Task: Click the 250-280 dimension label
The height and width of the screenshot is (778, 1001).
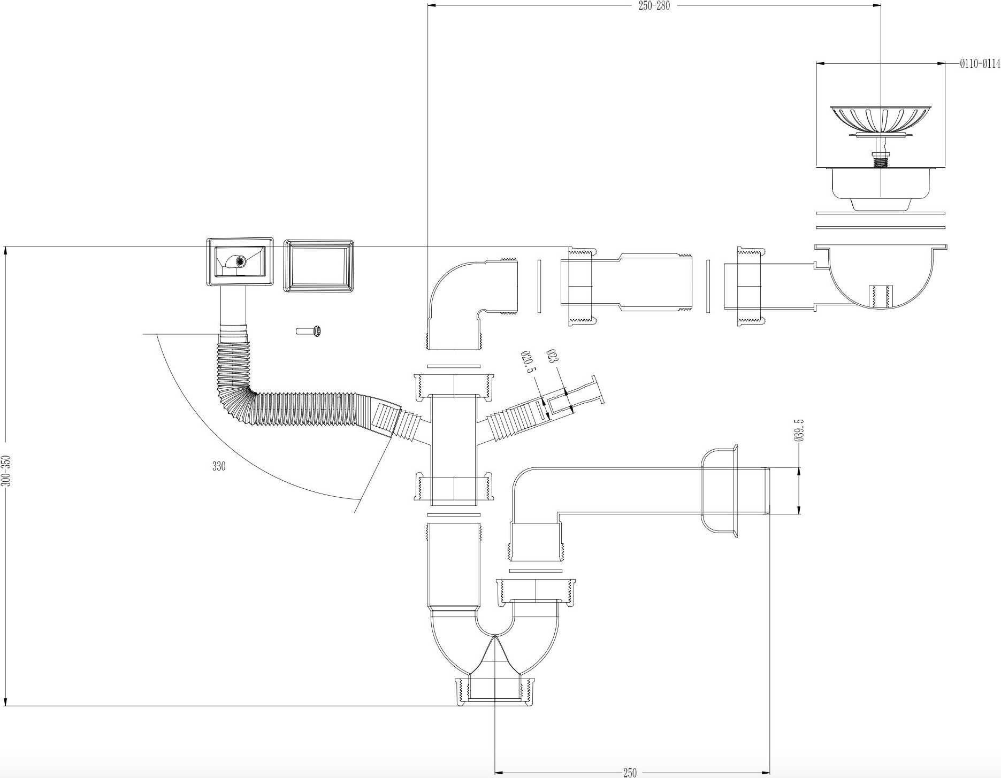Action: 654,6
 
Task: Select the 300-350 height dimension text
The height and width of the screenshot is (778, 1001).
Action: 6,471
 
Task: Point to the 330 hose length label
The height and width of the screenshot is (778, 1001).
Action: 219,466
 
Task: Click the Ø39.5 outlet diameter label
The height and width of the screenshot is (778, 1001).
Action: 800,430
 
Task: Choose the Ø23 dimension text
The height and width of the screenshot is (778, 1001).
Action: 553,357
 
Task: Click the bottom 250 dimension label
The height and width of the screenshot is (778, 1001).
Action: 630,773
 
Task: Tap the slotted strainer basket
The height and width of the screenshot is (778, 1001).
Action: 881,119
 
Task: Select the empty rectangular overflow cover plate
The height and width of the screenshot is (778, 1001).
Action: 318,266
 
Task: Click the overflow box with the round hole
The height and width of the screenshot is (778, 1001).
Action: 240,261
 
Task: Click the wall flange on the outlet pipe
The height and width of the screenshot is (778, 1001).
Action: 720,491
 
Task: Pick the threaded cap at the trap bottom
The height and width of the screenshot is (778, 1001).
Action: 495,691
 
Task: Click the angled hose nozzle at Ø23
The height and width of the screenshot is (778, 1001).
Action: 578,399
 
